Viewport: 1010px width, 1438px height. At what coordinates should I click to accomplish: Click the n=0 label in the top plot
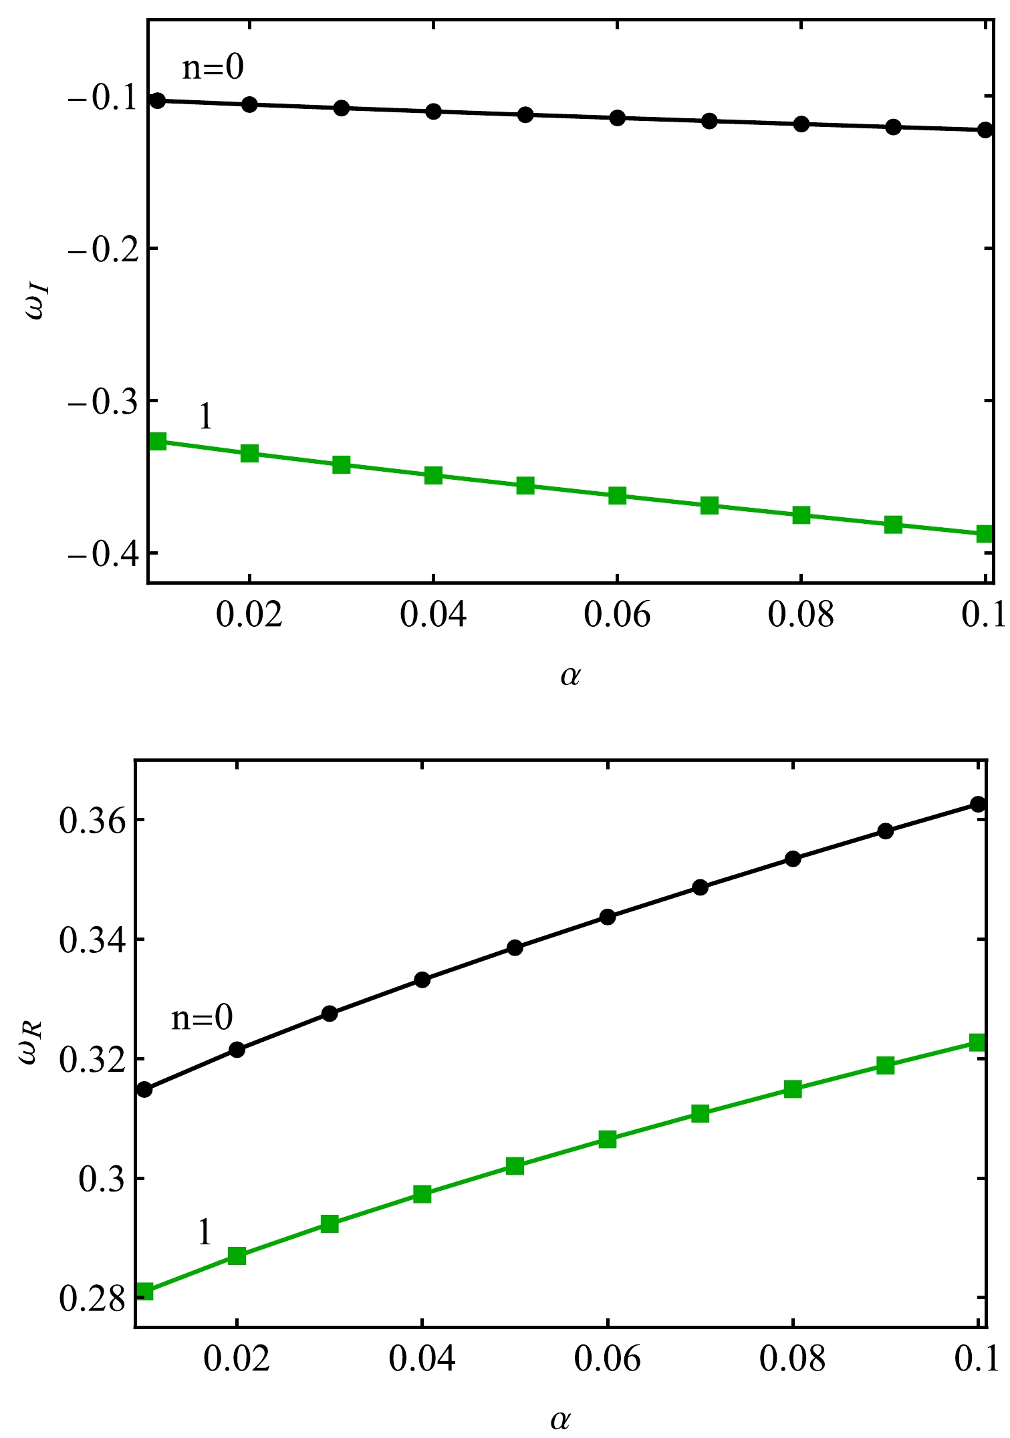tap(213, 67)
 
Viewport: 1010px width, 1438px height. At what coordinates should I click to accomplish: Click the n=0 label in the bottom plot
tap(202, 1018)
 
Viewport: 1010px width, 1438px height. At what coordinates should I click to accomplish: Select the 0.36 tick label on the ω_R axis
tap(92, 821)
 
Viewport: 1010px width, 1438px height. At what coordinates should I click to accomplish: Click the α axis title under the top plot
tap(570, 676)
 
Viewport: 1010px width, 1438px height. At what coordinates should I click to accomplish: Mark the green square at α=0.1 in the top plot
tap(985, 533)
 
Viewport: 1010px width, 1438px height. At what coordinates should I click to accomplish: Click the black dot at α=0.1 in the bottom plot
tap(978, 804)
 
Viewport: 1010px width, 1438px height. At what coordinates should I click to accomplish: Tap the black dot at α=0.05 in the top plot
tap(525, 114)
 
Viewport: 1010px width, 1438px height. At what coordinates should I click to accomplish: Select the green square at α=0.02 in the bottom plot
tap(237, 1256)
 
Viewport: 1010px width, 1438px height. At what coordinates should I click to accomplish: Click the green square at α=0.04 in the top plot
tap(434, 476)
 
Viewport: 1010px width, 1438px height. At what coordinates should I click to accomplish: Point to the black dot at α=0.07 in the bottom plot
tap(700, 887)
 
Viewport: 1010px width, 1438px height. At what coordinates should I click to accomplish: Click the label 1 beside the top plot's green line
tap(205, 418)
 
